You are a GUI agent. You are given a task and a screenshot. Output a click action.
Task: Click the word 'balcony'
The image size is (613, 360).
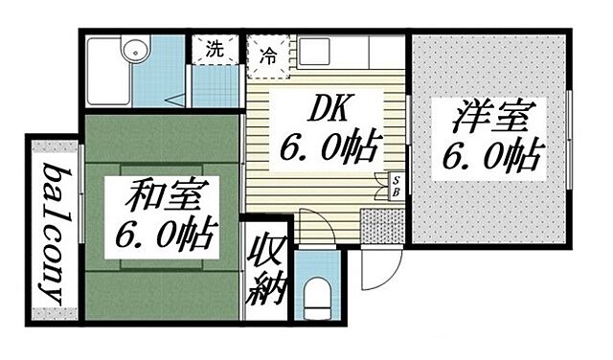pyautogui.click(x=53, y=233)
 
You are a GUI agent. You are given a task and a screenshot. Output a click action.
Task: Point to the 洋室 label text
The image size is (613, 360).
pyautogui.click(x=489, y=118)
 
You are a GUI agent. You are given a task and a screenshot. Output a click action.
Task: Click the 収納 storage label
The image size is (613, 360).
pyautogui.click(x=265, y=271)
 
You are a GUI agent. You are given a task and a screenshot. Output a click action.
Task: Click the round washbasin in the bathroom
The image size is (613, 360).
pyautogui.click(x=131, y=50)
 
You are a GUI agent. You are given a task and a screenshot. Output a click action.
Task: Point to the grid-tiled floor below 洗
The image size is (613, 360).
pyautogui.click(x=215, y=87)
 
